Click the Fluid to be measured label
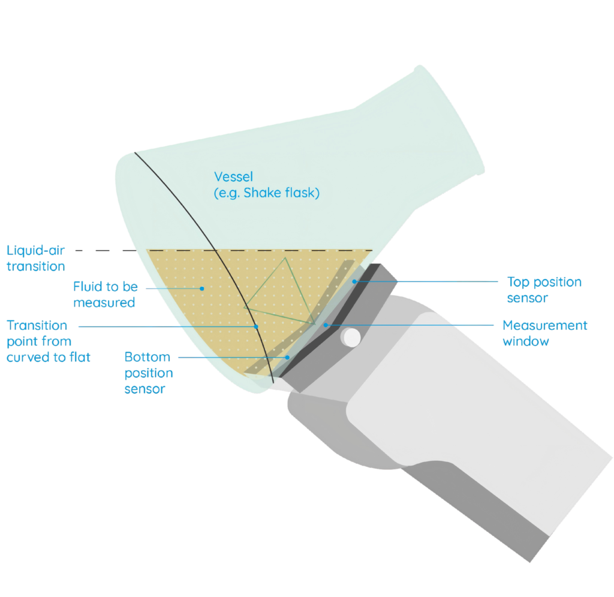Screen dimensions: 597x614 click(x=104, y=294)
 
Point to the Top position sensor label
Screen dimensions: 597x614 click(x=543, y=289)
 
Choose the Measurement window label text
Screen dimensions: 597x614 click(x=544, y=333)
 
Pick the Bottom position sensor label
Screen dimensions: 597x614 click(x=148, y=373)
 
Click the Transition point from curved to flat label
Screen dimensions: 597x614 click(x=48, y=341)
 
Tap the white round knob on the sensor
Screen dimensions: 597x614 click(x=350, y=338)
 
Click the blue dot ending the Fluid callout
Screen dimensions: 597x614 click(x=202, y=288)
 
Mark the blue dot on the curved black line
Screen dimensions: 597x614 click(x=256, y=326)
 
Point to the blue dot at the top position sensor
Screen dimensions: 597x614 click(x=354, y=281)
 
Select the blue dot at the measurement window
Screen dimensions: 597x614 click(x=326, y=325)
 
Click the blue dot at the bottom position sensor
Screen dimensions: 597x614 click(x=287, y=357)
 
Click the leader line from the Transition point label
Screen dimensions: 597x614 click(x=168, y=326)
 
